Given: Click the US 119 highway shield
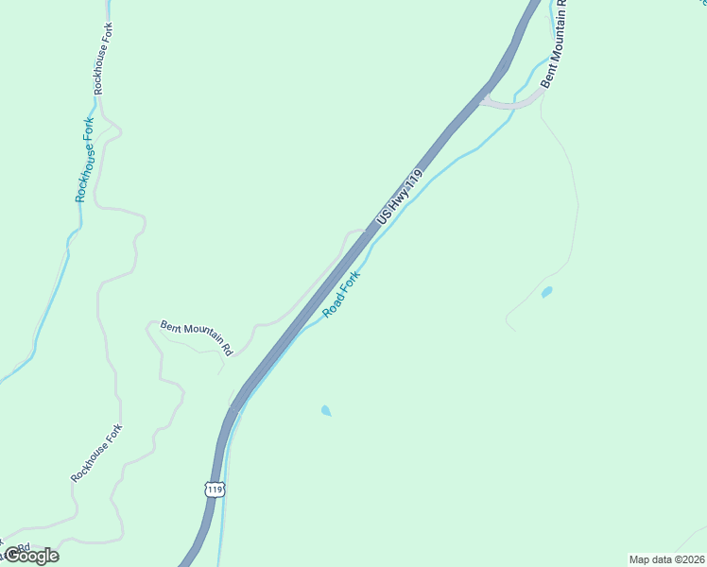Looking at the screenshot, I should click(215, 490).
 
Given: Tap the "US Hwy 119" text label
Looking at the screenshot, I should click(398, 198).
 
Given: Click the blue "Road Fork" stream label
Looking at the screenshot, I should click(342, 294).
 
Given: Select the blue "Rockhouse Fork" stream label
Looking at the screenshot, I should click(86, 166).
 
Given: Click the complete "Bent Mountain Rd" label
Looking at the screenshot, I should click(197, 337).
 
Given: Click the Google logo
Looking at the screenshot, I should click(31, 556).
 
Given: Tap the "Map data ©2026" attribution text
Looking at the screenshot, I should click(666, 559).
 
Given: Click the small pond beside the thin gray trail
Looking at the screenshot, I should click(546, 292).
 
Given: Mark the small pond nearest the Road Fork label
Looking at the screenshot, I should click(326, 411).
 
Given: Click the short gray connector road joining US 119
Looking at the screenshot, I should click(510, 102).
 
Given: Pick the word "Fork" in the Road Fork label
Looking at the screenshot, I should click(352, 283).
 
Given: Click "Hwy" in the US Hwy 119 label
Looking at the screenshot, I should click(396, 200).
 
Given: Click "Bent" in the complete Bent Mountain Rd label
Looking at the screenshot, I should click(171, 326).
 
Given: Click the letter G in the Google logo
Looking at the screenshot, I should click(12, 555).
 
